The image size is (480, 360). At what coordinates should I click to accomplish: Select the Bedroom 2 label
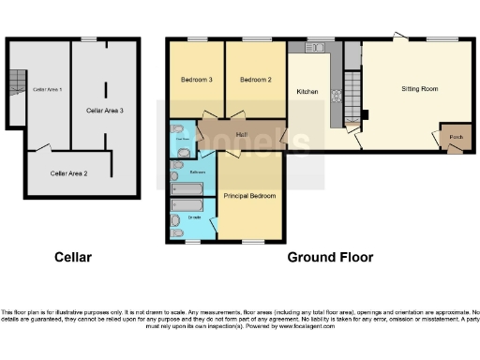(255, 80)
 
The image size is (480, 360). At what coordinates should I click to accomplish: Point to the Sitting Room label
(419, 89)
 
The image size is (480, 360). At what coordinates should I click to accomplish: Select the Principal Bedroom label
(249, 195)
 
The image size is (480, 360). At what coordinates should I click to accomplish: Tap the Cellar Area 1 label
(47, 89)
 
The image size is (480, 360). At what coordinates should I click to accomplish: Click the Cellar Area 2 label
(68, 173)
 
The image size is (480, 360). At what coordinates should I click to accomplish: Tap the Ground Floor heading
(330, 257)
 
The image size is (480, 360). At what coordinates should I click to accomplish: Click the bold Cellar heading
(73, 257)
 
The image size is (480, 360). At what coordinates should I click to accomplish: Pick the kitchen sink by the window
(319, 47)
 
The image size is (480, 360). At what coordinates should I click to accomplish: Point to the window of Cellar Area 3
(89, 38)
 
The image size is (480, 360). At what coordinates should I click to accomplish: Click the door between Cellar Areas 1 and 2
(43, 147)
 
